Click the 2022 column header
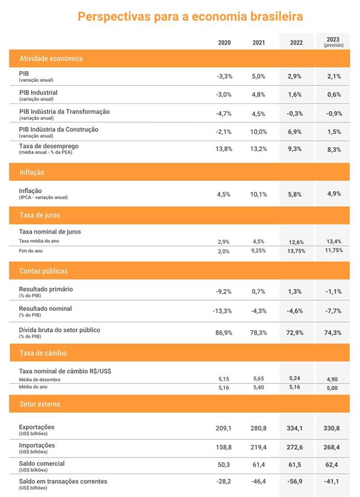click(x=296, y=42)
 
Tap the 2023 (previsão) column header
click(x=333, y=42)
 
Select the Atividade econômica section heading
click(x=51, y=58)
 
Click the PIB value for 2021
click(x=258, y=76)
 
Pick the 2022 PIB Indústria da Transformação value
click(x=295, y=113)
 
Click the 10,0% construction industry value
click(x=258, y=132)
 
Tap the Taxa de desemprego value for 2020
click(x=224, y=149)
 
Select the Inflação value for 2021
click(x=258, y=195)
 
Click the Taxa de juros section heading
click(x=40, y=215)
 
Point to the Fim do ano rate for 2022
click(x=296, y=251)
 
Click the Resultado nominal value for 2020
click(x=222, y=311)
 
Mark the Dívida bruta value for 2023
click(x=333, y=332)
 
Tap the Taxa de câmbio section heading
click(x=43, y=353)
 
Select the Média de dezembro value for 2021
click(x=258, y=379)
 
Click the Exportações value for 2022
click(x=294, y=428)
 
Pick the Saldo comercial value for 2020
click(x=224, y=465)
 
